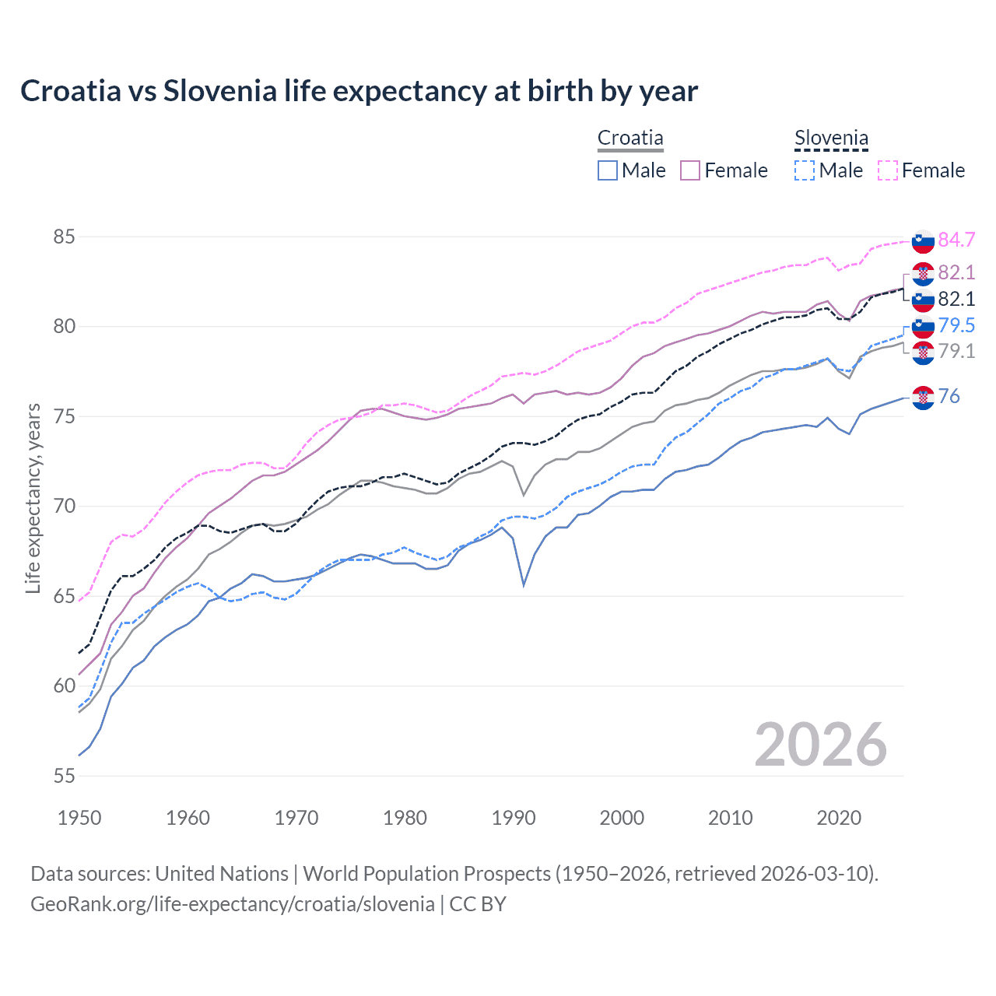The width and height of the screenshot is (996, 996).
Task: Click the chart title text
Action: [x=359, y=91]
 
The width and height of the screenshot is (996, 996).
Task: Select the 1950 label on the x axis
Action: [x=79, y=818]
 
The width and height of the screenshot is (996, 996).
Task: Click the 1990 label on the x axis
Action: [x=514, y=818]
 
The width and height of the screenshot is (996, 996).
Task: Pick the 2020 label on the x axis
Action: [x=839, y=818]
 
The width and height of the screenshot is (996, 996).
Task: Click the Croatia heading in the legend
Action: [x=630, y=139]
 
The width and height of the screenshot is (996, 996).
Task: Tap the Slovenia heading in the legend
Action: [x=831, y=139]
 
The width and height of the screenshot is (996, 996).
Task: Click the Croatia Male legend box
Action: [x=608, y=170]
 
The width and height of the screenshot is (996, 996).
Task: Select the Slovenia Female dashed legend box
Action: [x=888, y=170]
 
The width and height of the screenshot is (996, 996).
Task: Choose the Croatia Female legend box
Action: [x=690, y=170]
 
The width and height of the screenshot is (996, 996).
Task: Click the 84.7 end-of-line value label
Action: [x=956, y=240]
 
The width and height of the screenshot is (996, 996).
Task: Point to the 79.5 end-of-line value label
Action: [x=956, y=325]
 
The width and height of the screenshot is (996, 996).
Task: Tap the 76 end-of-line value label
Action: [x=949, y=396]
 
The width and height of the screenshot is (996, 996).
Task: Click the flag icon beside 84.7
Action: [x=923, y=241]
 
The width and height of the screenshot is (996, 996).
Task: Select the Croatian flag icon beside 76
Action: [x=923, y=397]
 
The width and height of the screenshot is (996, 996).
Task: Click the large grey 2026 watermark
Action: [x=821, y=745]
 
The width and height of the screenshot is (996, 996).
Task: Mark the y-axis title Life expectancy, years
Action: [x=33, y=498]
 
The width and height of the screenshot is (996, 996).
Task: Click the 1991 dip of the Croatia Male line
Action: [x=524, y=585]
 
